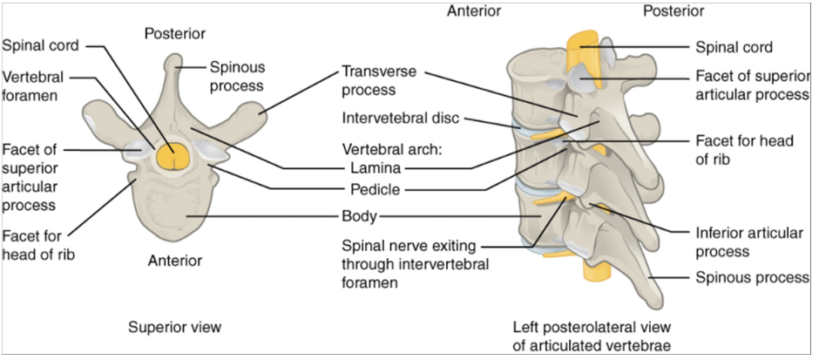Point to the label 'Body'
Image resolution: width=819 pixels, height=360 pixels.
pos(359,215)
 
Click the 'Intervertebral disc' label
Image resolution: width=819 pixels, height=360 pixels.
pos(403,118)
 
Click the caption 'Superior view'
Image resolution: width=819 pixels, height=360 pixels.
pos(174,327)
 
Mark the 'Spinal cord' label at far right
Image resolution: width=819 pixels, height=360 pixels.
pos(734,47)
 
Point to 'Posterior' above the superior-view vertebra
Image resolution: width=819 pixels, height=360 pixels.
pos(174,33)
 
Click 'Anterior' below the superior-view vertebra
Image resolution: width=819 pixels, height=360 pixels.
pos(174,260)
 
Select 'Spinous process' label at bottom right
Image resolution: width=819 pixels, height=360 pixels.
pos(752,277)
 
